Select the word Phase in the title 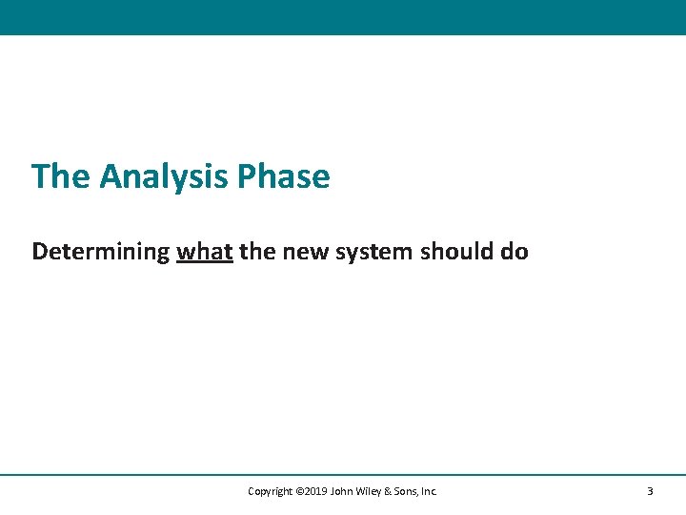pos(284,177)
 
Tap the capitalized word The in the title pos(61,177)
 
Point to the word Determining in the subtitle pos(101,253)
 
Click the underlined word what pos(205,252)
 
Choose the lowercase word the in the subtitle pos(255,252)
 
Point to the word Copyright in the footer pos(271,492)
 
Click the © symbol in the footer pos(300,492)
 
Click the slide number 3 pos(650,492)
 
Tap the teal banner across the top pos(343,17)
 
